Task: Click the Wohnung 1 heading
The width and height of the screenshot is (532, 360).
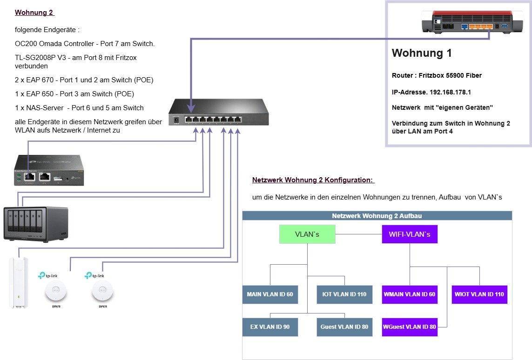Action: coord(422,53)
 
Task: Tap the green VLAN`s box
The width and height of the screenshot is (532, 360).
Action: coord(307,234)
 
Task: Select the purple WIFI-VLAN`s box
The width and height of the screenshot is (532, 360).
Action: coord(410,234)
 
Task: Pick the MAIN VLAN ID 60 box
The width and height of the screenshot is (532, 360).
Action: coord(270,294)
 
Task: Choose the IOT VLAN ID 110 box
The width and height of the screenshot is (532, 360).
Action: coord(344,294)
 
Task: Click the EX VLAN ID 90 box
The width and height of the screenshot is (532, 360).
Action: coord(270,327)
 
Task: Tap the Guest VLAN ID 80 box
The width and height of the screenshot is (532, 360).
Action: coord(344,327)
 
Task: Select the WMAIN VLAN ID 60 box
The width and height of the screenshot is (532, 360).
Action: coord(410,294)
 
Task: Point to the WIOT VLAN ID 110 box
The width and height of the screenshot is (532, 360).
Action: coord(479,294)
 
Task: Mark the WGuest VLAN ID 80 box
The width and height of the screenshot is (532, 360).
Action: coord(410,327)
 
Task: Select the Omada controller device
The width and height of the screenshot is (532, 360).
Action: coord(49,170)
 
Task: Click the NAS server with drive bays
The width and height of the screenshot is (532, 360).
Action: coord(36,223)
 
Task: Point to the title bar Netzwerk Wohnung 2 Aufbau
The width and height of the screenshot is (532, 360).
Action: coord(377,216)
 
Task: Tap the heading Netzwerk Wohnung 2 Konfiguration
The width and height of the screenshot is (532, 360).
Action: coord(313,180)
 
